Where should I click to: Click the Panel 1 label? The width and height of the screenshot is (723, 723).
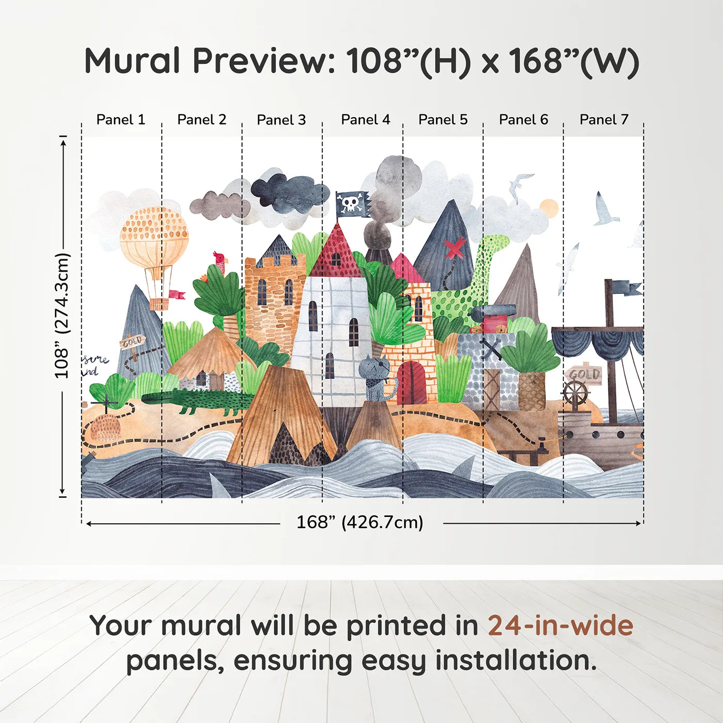coord(121,120)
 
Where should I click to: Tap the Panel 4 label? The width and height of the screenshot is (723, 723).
coord(365,120)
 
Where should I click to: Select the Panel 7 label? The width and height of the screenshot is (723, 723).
coord(604,120)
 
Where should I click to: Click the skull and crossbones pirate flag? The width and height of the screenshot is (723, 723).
coord(352,204)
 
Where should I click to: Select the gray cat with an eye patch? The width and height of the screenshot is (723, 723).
coord(376,374)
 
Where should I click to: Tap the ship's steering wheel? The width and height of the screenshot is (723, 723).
coord(575,393)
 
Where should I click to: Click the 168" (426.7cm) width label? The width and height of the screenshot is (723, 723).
coord(359,523)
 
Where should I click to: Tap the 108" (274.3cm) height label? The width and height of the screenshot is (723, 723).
coord(62,316)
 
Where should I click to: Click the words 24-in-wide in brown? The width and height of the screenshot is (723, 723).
coord(560,625)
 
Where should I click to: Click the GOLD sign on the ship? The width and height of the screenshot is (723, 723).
coord(584,374)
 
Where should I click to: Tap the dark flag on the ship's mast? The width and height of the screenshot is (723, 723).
coord(627,288)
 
